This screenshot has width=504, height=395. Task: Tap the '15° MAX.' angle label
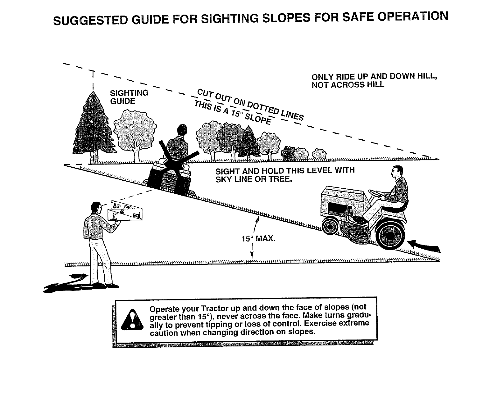click(258, 238)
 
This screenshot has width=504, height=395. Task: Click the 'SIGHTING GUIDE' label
click(129, 97)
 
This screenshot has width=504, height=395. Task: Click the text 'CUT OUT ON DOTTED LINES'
click(250, 104)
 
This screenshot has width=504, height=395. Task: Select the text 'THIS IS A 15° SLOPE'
click(233, 113)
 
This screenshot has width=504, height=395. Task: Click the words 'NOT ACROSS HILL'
click(348, 85)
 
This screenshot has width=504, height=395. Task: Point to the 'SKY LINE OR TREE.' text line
click(253, 179)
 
